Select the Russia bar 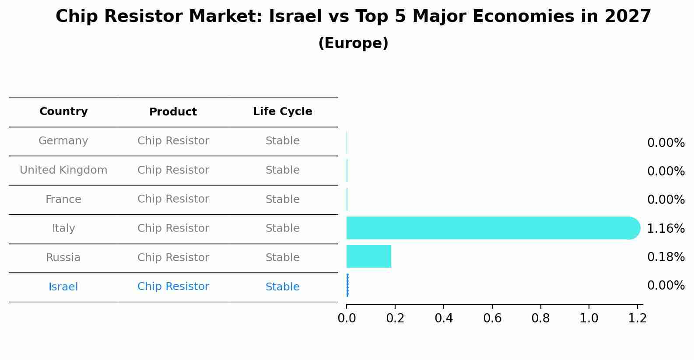(x=368, y=256)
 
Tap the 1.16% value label (x=665, y=228)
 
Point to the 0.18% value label (x=665, y=257)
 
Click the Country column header (x=63, y=112)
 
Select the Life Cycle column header (x=282, y=112)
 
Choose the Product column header (x=173, y=112)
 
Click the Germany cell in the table (x=63, y=141)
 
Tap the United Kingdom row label (x=63, y=170)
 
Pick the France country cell (x=63, y=199)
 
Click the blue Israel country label (x=63, y=287)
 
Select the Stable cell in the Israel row (x=282, y=287)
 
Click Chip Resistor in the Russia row (x=173, y=258)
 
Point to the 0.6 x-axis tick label (x=492, y=318)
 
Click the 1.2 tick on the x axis (x=637, y=318)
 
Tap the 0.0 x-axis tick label (x=347, y=318)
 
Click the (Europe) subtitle (x=353, y=43)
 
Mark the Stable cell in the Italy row (x=282, y=228)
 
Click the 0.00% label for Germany (x=665, y=143)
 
